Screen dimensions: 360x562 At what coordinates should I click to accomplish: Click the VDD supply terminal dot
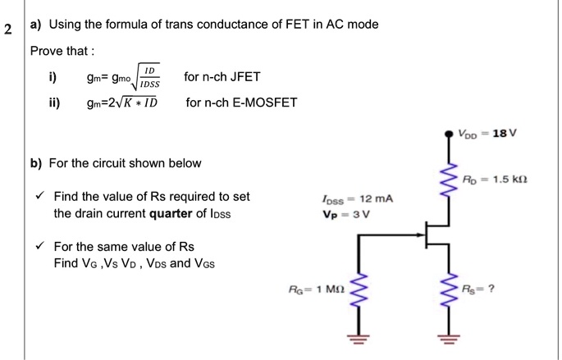click(x=449, y=134)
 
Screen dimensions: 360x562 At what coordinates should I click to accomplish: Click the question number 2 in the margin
click(x=7, y=31)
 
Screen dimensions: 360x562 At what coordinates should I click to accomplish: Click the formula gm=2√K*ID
click(x=117, y=103)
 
